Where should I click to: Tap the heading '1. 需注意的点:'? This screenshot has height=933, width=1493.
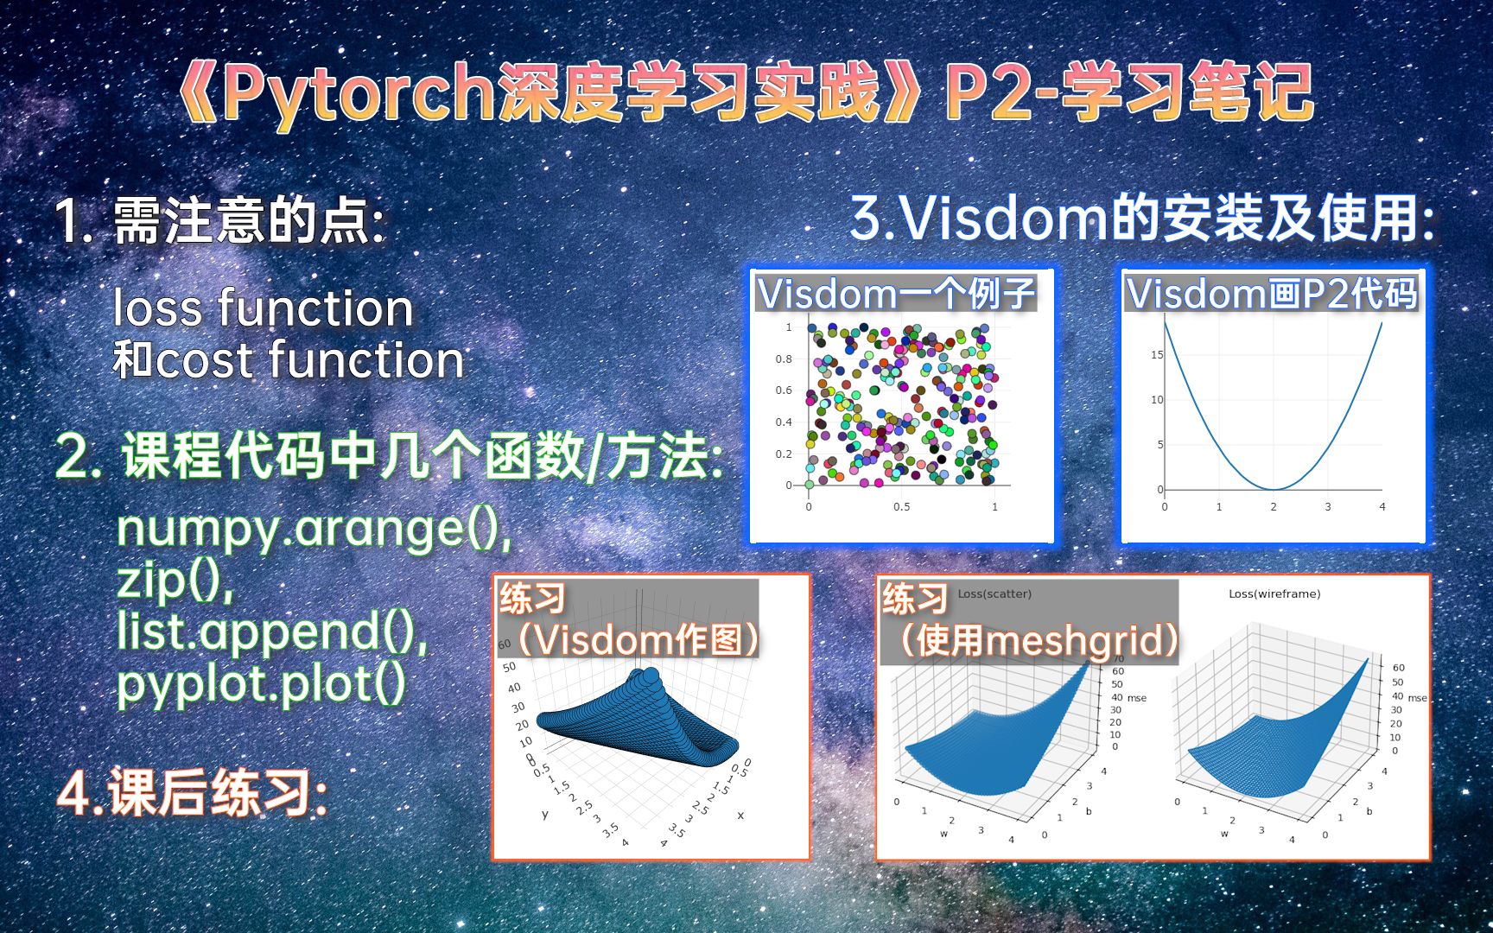[x=220, y=221]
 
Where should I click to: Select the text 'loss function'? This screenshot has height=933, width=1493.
[x=264, y=308]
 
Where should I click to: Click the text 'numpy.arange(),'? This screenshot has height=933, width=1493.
[x=314, y=529]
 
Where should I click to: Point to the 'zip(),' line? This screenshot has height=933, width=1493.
[x=175, y=580]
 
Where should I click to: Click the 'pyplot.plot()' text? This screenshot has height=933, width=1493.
[x=261, y=684]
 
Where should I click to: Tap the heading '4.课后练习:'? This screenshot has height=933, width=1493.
[x=193, y=793]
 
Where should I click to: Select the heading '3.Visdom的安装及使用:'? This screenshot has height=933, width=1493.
[x=1143, y=218]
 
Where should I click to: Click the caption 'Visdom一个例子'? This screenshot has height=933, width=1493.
[x=896, y=294]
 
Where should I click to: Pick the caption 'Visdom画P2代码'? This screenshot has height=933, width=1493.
[x=1272, y=294]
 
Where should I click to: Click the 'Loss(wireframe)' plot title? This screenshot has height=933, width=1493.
[x=1274, y=593]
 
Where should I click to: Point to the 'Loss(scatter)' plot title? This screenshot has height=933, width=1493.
[x=994, y=593]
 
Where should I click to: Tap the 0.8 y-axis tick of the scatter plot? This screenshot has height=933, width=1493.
[x=784, y=359]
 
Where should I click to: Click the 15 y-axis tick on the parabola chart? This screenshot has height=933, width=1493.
[x=1157, y=355]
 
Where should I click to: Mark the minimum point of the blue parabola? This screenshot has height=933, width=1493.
[x=1274, y=489]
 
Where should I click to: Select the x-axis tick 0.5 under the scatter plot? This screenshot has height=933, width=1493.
[x=901, y=507]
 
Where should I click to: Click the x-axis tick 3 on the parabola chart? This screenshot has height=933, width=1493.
[x=1328, y=507]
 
